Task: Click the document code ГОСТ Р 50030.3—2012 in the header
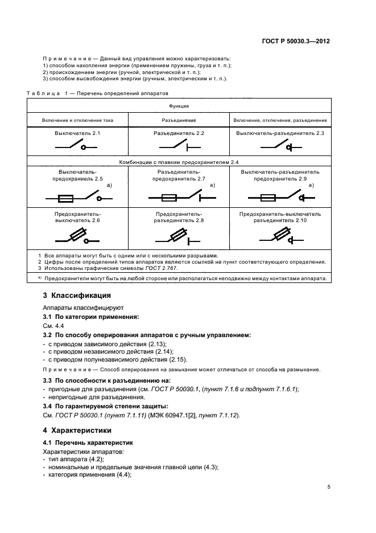(299, 42)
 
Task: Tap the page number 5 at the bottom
(329, 487)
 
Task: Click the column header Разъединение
(179, 121)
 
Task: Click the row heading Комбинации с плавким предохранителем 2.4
(179, 163)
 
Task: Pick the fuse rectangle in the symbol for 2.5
(65, 199)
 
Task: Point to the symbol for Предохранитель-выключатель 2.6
(77, 236)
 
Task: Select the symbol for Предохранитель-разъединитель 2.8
(179, 236)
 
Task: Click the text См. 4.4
(53, 326)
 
